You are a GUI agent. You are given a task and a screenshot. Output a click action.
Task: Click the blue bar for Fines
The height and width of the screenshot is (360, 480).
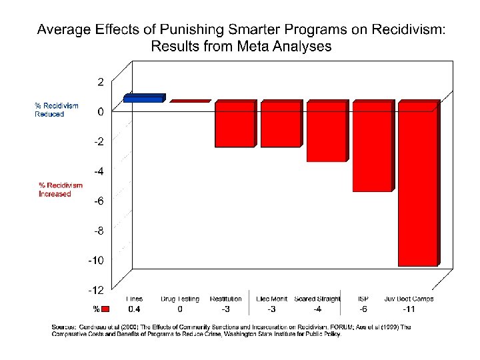coord(143,99)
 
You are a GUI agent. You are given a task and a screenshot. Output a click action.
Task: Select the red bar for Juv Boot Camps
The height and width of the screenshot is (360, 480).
coord(417,184)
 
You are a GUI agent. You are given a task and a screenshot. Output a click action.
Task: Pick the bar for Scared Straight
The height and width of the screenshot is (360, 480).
coord(326,132)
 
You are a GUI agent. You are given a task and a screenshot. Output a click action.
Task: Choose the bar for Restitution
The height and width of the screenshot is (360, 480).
coord(234,125)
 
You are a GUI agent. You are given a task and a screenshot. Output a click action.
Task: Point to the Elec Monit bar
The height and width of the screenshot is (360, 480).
coord(280,125)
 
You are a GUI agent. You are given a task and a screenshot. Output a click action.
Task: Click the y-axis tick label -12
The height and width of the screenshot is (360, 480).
coord(96,290)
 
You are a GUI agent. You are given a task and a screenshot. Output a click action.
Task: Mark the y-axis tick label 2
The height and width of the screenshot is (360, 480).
coord(100,82)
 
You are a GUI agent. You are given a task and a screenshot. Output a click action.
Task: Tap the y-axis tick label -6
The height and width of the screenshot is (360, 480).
coord(97,201)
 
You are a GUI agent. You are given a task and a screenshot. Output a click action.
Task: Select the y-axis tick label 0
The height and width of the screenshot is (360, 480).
coord(100,112)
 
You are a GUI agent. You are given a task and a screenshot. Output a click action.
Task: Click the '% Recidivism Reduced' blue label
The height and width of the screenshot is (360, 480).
coord(57,110)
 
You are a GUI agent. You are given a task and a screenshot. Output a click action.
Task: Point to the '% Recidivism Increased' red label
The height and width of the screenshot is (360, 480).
coord(61,189)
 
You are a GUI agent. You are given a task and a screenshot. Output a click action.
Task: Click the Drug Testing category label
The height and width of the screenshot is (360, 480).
coord(180,299)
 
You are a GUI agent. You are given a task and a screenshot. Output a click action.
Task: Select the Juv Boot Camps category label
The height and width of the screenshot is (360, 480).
coord(409,299)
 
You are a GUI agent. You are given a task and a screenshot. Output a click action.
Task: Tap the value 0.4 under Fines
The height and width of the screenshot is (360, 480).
coord(134,309)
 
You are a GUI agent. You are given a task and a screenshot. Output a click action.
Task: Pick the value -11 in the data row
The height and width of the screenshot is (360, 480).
coord(409,309)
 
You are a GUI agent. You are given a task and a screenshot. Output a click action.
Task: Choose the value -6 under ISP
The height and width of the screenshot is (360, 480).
coord(363,309)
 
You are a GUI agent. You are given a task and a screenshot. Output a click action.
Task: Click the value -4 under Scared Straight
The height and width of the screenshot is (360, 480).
coord(317,309)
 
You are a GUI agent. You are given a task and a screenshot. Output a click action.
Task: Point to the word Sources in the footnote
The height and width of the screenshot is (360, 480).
coord(64,327)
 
